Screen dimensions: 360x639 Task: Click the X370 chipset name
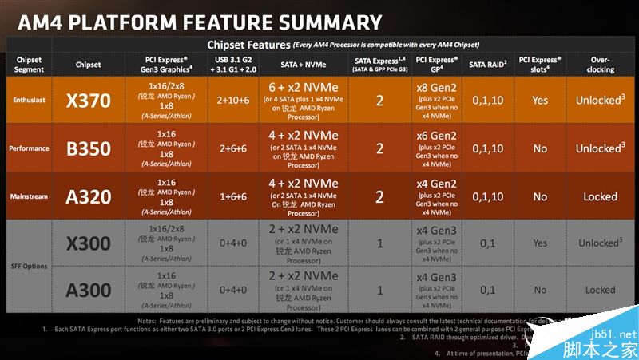(88, 101)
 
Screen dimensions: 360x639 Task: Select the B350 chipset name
(88, 148)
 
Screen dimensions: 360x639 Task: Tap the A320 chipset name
(88, 196)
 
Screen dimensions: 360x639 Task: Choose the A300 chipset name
(88, 291)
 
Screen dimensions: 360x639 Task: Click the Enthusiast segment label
(29, 101)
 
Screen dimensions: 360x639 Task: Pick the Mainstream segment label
(29, 196)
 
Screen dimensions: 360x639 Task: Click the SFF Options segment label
(29, 267)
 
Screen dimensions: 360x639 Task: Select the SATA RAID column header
(486, 63)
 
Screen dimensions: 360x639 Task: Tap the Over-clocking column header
(600, 64)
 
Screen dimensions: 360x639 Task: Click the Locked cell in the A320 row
(600, 196)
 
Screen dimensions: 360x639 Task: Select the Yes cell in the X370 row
(540, 101)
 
